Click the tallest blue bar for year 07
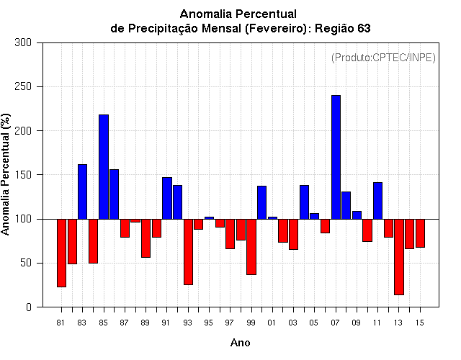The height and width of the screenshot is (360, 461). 336,157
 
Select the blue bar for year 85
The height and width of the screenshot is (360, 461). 104,167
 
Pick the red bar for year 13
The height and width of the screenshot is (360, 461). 399,257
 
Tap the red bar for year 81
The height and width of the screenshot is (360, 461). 61,253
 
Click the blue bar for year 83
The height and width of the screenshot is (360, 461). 82,192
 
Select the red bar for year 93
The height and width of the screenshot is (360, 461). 188,252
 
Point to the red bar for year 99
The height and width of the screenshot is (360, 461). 251,247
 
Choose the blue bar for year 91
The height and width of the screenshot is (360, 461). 167,198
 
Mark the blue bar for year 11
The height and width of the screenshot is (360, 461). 377,201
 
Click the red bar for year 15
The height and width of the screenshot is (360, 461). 420,233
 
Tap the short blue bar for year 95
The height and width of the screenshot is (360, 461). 209,218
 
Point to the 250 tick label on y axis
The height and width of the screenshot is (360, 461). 23,86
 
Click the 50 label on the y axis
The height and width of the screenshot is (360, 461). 26,263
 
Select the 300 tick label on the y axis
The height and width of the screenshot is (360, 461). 23,42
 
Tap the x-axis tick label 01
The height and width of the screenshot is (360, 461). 272,323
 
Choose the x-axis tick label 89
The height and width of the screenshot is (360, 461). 145,323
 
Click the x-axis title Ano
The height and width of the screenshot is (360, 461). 240,343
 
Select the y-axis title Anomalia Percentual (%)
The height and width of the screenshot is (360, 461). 5,174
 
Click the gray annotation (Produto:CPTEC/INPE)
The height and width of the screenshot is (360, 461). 383,58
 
